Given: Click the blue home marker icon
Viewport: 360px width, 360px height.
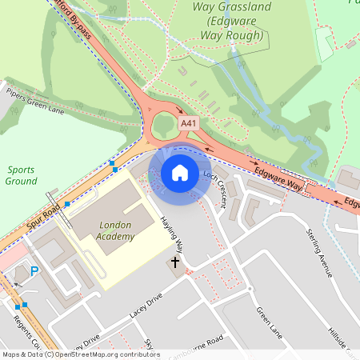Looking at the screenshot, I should pyautogui.click(x=180, y=172).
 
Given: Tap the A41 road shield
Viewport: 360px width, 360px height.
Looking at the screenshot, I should pyautogui.click(x=188, y=123).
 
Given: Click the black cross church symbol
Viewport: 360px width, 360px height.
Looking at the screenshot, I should pyautogui.click(x=175, y=262).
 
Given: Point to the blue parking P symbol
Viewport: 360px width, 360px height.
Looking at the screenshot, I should pyautogui.click(x=34, y=271).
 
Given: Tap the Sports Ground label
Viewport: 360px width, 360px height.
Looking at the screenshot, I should pyautogui.click(x=21, y=175).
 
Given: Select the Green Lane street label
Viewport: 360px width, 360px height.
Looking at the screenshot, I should pyautogui.click(x=269, y=319).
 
